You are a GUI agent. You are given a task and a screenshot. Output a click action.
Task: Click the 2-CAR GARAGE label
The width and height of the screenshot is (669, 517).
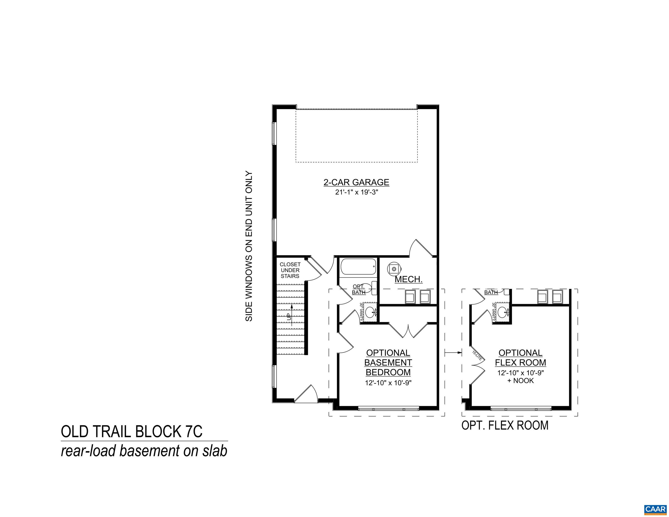point(356,182)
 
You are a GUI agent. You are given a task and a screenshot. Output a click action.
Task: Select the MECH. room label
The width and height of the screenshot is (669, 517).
point(408,279)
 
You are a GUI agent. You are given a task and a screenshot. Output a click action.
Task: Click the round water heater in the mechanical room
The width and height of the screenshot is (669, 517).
point(394,269)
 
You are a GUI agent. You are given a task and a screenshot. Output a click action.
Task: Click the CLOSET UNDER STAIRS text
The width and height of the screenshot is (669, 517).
point(290,270)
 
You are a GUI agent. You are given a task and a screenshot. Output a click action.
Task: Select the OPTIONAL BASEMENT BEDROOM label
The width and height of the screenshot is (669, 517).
point(388,363)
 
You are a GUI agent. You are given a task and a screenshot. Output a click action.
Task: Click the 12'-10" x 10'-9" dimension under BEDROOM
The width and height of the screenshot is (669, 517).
point(388,383)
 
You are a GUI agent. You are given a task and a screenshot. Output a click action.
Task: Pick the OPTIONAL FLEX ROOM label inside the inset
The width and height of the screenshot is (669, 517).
point(520,358)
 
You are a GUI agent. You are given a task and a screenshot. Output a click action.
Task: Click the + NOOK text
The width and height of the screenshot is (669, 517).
point(520,381)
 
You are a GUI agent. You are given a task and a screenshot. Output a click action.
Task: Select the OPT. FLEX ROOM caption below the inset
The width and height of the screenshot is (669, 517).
point(505,425)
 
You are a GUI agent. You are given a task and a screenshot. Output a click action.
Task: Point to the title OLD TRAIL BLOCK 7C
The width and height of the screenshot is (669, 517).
point(132,432)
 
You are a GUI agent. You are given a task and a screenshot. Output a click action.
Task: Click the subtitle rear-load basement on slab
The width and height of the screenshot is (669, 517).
point(144,451)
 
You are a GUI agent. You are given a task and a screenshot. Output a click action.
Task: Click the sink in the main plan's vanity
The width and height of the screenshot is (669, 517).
point(371,313)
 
